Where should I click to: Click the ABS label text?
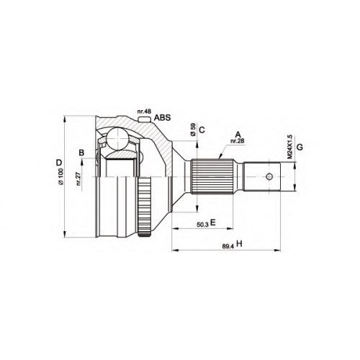coord(162,117)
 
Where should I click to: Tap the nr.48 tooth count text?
coord(144,112)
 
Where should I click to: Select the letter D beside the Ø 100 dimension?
coord(59,163)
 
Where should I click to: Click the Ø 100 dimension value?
coord(60,176)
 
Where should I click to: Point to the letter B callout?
coord(81,153)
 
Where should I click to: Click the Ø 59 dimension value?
coord(193,130)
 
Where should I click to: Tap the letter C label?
coord(202,130)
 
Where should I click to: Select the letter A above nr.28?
coord(238,135)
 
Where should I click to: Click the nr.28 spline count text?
coord(237,141)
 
